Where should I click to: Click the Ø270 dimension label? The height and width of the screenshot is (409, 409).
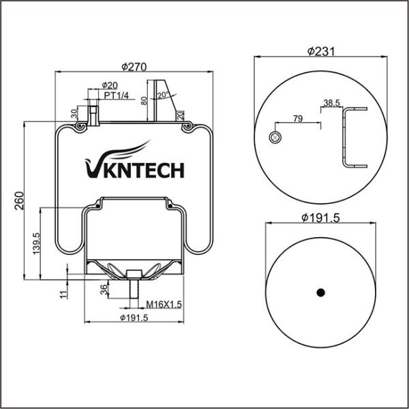point(135,67)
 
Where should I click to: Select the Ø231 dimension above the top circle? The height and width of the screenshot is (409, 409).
point(320,50)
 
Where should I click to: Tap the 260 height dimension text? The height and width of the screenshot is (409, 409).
point(19,200)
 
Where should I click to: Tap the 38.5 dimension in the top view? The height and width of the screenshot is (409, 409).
point(332,103)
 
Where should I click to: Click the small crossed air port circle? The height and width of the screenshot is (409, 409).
point(275,137)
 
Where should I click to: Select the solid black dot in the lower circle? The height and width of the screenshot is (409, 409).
point(320,292)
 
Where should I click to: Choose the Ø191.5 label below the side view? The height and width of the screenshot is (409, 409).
point(134,318)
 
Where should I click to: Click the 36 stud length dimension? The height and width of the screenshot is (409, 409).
point(104,289)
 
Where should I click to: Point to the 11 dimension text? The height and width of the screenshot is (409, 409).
point(63,294)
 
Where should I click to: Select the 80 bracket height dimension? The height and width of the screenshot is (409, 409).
point(144,101)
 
